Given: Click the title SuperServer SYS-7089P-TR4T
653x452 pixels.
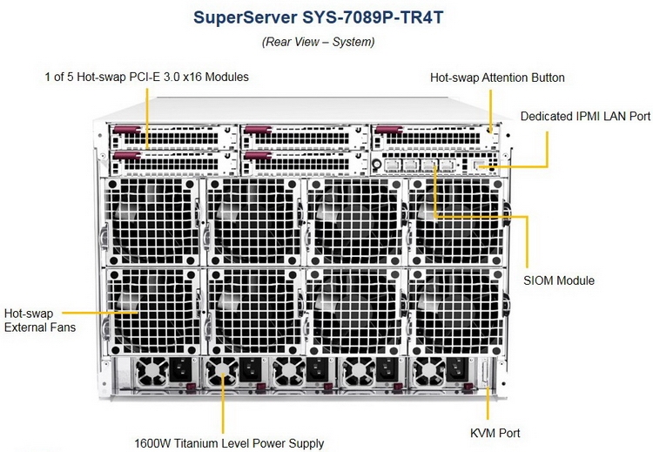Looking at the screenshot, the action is click(319, 18).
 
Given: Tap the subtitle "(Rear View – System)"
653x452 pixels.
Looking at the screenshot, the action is click(318, 42).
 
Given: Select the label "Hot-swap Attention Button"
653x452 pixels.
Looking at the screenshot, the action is click(497, 78).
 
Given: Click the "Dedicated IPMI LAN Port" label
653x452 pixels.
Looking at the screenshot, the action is click(585, 116).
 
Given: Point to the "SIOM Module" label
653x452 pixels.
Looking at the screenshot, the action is click(559, 280).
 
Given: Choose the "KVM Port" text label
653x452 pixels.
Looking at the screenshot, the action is click(495, 433).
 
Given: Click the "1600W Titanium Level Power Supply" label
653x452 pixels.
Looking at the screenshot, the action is click(229, 443).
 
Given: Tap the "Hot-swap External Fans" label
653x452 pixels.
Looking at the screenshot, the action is click(40, 320).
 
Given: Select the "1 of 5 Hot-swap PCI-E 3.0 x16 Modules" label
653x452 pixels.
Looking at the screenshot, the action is click(146, 77).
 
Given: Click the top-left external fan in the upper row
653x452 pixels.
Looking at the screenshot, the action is click(151, 222).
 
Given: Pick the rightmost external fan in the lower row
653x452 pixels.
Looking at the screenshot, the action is click(456, 312).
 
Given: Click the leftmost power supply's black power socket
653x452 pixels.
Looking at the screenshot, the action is click(181, 370).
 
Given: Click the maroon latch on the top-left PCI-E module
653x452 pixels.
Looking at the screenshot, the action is click(126, 130).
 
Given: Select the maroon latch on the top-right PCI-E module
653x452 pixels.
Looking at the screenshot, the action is click(388, 130).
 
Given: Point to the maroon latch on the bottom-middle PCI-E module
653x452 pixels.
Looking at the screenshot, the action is click(258, 156).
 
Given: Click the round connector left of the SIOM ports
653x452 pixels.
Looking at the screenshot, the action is click(376, 165).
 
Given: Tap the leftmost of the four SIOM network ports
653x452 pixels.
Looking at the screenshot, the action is click(393, 165).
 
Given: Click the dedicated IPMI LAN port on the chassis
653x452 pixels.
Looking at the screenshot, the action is click(480, 165).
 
